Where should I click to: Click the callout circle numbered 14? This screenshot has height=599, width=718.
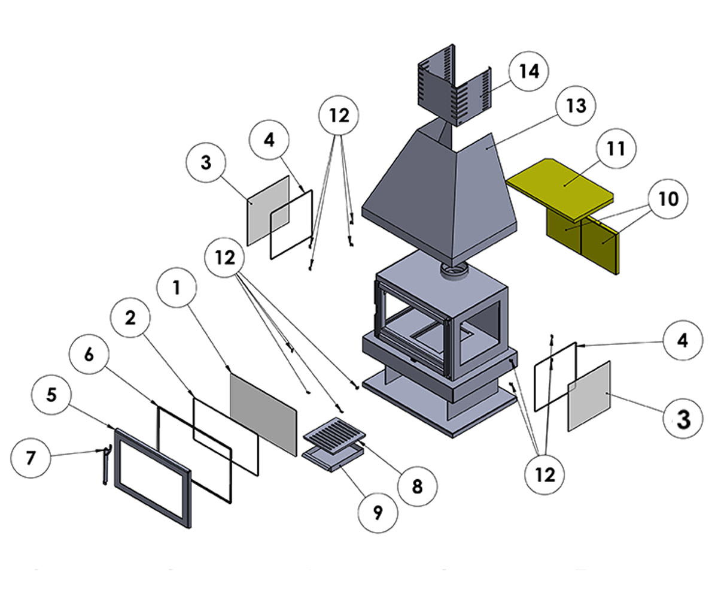click(528, 71)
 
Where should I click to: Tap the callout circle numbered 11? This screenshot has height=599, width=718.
click(615, 148)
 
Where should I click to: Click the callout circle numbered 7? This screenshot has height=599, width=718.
click(31, 458)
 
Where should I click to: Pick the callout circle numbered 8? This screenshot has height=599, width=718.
click(417, 486)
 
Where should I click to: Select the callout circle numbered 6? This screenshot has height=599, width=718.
click(89, 355)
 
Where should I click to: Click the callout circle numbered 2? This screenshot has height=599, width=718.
click(130, 319)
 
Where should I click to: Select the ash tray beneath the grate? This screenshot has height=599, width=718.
click(332, 460)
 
